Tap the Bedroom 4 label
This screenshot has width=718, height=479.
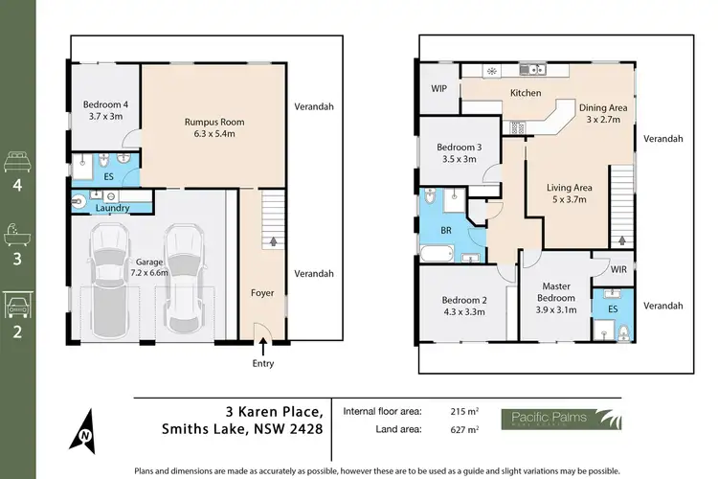pyautogui.click(x=102, y=108)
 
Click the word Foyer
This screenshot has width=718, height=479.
pyautogui.click(x=262, y=293)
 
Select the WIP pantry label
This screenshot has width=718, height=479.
pyautogui.click(x=439, y=88)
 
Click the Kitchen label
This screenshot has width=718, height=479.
pyautogui.click(x=526, y=93)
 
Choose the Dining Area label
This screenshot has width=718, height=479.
pyautogui.click(x=604, y=114)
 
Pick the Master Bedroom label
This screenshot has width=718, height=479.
pyautogui.click(x=556, y=292)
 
